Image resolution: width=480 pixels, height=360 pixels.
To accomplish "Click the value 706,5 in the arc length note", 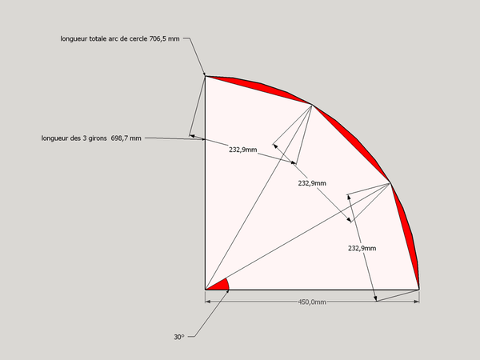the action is [x=159, y=39].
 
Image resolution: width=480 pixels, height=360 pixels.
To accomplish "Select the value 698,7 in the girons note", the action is [x=120, y=138].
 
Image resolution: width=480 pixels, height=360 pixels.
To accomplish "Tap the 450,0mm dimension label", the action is [x=312, y=302].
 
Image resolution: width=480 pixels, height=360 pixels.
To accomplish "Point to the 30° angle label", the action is [x=179, y=337].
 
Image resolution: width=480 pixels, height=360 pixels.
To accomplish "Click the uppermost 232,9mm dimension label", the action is [x=243, y=150].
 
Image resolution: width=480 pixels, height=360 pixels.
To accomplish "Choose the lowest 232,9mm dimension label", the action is [x=362, y=248].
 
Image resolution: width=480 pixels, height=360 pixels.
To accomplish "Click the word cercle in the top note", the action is [x=138, y=39].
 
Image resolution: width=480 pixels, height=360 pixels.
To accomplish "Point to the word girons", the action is [x=98, y=138].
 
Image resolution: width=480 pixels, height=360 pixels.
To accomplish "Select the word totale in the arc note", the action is [x=98, y=39].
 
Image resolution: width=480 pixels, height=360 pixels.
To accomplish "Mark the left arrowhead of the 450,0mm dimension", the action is [x=208, y=302].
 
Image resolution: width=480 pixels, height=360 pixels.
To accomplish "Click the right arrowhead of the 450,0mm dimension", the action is [x=416, y=302].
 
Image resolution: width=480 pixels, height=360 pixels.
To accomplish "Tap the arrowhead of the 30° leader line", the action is [x=227, y=292].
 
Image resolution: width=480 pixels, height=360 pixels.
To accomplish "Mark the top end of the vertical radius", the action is [x=205, y=76].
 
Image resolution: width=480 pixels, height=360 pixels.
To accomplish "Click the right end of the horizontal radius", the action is [x=418, y=290].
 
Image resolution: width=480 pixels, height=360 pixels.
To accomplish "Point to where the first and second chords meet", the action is [x=312, y=106].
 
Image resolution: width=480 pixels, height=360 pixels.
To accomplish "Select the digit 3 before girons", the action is [x=84, y=138].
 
